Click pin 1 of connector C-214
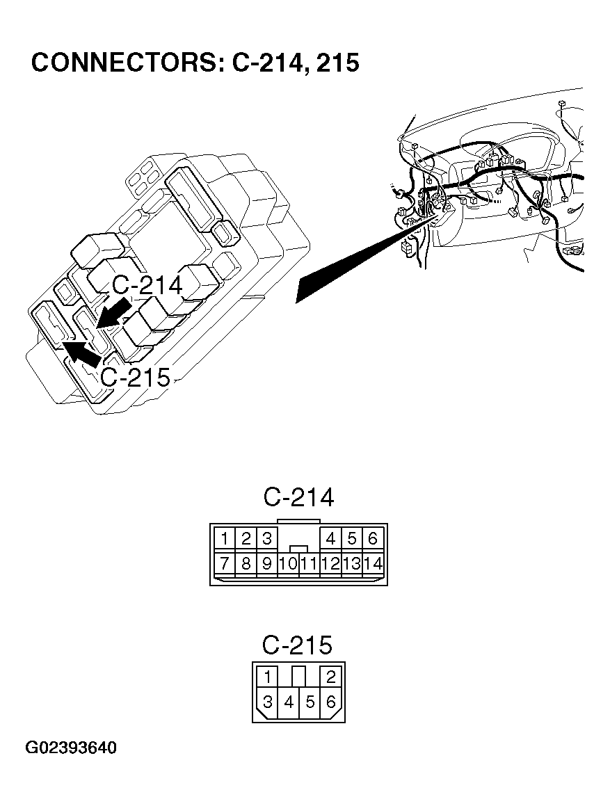pyautogui.click(x=225, y=538)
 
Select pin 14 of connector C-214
pyautogui.click(x=374, y=563)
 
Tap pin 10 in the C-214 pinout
pyautogui.click(x=288, y=563)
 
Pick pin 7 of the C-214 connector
pyautogui.click(x=225, y=563)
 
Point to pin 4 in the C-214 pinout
pyautogui.click(x=331, y=538)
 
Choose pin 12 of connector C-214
pyautogui.click(x=331, y=563)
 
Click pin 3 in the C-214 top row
pyautogui.click(x=266, y=538)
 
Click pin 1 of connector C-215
pyautogui.click(x=268, y=677)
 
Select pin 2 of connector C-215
pyautogui.click(x=330, y=677)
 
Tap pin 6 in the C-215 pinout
pyautogui.click(x=330, y=702)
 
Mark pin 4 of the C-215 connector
pyautogui.click(x=289, y=702)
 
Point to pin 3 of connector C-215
pyautogui.click(x=268, y=702)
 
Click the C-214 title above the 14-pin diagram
pyautogui.click(x=298, y=497)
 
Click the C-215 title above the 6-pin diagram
pyautogui.click(x=297, y=645)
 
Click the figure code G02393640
pyautogui.click(x=71, y=748)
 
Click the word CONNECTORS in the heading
pyautogui.click(x=125, y=63)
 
